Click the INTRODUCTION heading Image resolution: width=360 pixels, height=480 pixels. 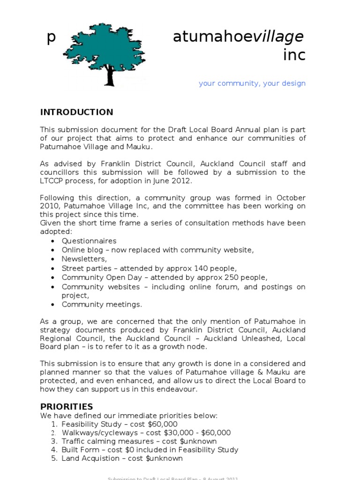click(76, 112)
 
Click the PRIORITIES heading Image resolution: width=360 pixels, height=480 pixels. click(66, 406)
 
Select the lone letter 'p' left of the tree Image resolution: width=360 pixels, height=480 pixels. click(51, 37)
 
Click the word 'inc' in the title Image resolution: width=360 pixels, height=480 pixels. click(294, 55)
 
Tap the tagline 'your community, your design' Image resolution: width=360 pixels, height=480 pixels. click(252, 83)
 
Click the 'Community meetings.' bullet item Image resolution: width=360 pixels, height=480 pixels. click(102, 304)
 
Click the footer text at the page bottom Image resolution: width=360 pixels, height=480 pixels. click(173, 478)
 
